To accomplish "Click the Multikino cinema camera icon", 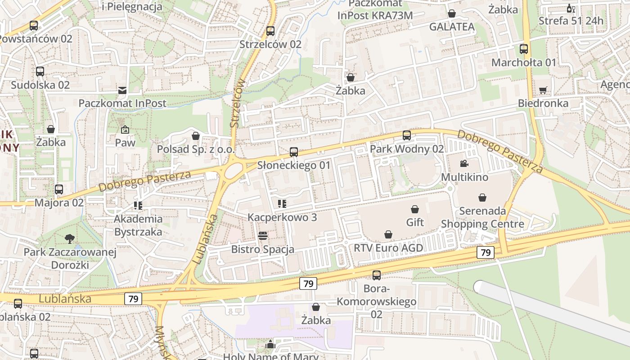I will tap(464, 163).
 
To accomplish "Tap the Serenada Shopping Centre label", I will tap(482, 217).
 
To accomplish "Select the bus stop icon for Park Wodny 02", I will tap(406, 135).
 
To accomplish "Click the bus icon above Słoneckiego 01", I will tap(294, 152).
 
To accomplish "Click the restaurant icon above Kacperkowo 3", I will tap(282, 204).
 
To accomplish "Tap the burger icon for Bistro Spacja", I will tap(262, 236).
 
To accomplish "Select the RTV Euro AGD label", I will tap(388, 248).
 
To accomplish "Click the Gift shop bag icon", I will tap(415, 209).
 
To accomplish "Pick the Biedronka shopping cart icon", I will tap(543, 90).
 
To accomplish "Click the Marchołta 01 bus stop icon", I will tap(524, 49).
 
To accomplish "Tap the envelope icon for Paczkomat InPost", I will tap(122, 90).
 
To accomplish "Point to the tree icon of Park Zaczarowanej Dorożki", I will tap(70, 238).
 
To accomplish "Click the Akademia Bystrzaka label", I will tap(138, 225).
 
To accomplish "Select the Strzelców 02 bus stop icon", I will tap(270, 31).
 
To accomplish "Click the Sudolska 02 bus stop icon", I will tap(40, 71).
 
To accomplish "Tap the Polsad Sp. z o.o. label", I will tap(196, 149).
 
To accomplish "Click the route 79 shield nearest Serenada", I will tap(486, 252).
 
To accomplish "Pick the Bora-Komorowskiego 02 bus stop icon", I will tap(377, 275).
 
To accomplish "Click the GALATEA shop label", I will tap(452, 27).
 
